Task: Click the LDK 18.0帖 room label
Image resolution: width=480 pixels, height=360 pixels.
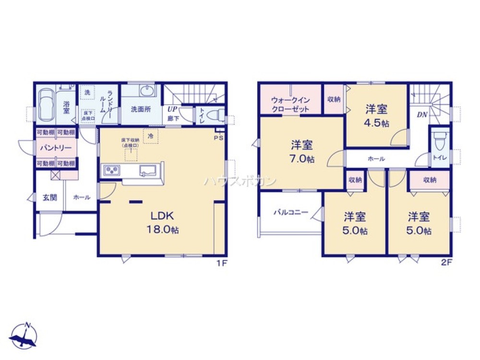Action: tap(163, 223)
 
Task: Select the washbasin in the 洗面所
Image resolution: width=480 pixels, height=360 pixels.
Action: tap(146, 91)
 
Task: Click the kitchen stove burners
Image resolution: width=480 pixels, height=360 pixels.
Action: tap(111, 170)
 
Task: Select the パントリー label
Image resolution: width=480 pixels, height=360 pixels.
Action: tap(56, 148)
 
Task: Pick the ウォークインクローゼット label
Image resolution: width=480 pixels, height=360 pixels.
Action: tap(290, 104)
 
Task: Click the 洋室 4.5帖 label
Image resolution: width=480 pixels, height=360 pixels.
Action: tap(376, 115)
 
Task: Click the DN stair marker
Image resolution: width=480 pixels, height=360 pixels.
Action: tap(422, 114)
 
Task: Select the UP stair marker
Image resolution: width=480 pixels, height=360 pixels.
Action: tap(172, 109)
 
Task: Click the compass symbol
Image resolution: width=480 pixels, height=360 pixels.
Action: tap(24, 336)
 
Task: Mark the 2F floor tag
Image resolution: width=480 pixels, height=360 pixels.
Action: tap(446, 262)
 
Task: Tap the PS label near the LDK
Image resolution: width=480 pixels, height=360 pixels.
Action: tap(219, 137)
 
